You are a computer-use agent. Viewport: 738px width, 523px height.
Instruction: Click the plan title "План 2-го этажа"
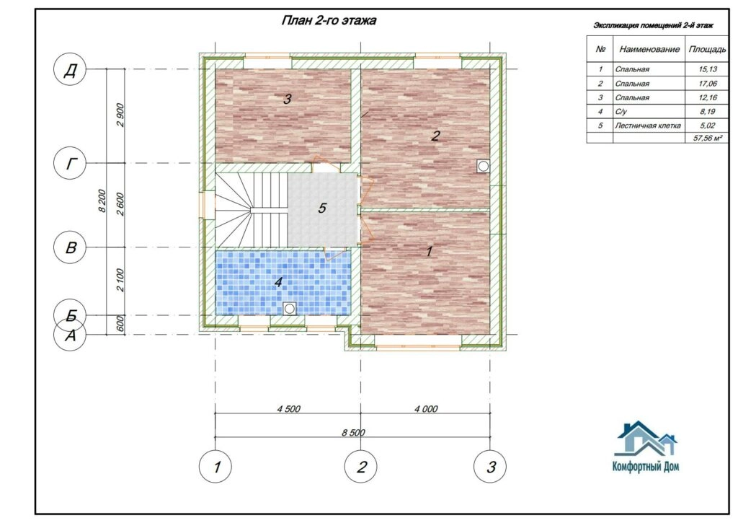(329, 21)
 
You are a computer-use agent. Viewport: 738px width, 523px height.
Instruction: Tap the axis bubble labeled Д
(71, 70)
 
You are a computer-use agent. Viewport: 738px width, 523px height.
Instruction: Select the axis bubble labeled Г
(71, 164)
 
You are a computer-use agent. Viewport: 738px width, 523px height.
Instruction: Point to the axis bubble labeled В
(71, 247)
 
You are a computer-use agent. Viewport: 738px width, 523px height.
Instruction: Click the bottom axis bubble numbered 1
(215, 467)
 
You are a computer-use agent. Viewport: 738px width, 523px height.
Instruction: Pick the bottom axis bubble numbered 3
(490, 467)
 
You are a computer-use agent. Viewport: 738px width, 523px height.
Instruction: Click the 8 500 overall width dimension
(353, 432)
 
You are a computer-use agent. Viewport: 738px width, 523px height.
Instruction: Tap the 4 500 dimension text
(288, 408)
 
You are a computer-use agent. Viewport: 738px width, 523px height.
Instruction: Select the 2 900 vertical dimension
(120, 115)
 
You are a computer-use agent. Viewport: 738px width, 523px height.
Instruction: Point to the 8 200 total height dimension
(102, 201)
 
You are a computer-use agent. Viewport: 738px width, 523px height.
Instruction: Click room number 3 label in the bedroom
(287, 99)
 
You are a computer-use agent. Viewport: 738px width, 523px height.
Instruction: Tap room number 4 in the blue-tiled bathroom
(278, 282)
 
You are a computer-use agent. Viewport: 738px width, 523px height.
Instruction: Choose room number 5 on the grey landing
(322, 208)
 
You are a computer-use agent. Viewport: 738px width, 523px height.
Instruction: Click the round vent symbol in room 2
(483, 166)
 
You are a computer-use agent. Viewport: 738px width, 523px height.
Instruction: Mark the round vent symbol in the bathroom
(290, 308)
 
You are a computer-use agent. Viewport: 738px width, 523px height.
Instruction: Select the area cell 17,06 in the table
(708, 84)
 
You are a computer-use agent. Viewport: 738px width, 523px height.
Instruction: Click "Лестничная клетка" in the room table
(648, 126)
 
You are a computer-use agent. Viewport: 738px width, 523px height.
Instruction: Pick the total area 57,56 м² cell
(708, 138)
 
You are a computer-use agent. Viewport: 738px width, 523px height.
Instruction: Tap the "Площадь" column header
(708, 49)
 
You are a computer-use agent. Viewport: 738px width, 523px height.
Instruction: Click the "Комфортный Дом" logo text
(646, 467)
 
